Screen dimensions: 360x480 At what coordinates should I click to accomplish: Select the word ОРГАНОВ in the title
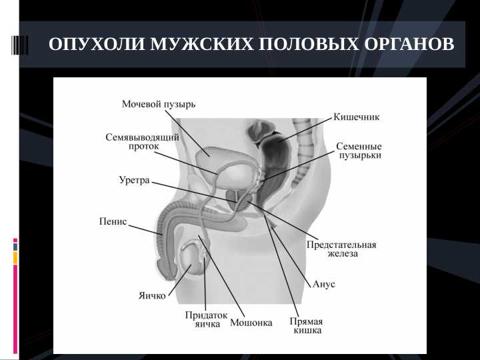(409, 45)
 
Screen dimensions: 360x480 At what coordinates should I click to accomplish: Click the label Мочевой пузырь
(159, 105)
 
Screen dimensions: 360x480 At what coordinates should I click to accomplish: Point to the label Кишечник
(356, 117)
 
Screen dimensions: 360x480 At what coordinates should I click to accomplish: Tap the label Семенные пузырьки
(359, 151)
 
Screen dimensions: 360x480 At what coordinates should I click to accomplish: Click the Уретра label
(134, 180)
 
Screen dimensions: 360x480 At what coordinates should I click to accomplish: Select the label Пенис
(113, 221)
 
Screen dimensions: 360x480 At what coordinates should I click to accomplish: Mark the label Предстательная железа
(341, 249)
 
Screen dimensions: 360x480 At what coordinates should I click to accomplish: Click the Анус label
(324, 284)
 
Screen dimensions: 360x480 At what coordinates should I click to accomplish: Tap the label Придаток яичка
(207, 319)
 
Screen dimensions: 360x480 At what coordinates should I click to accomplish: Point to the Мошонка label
(251, 323)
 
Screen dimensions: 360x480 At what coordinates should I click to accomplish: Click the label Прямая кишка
(307, 325)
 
